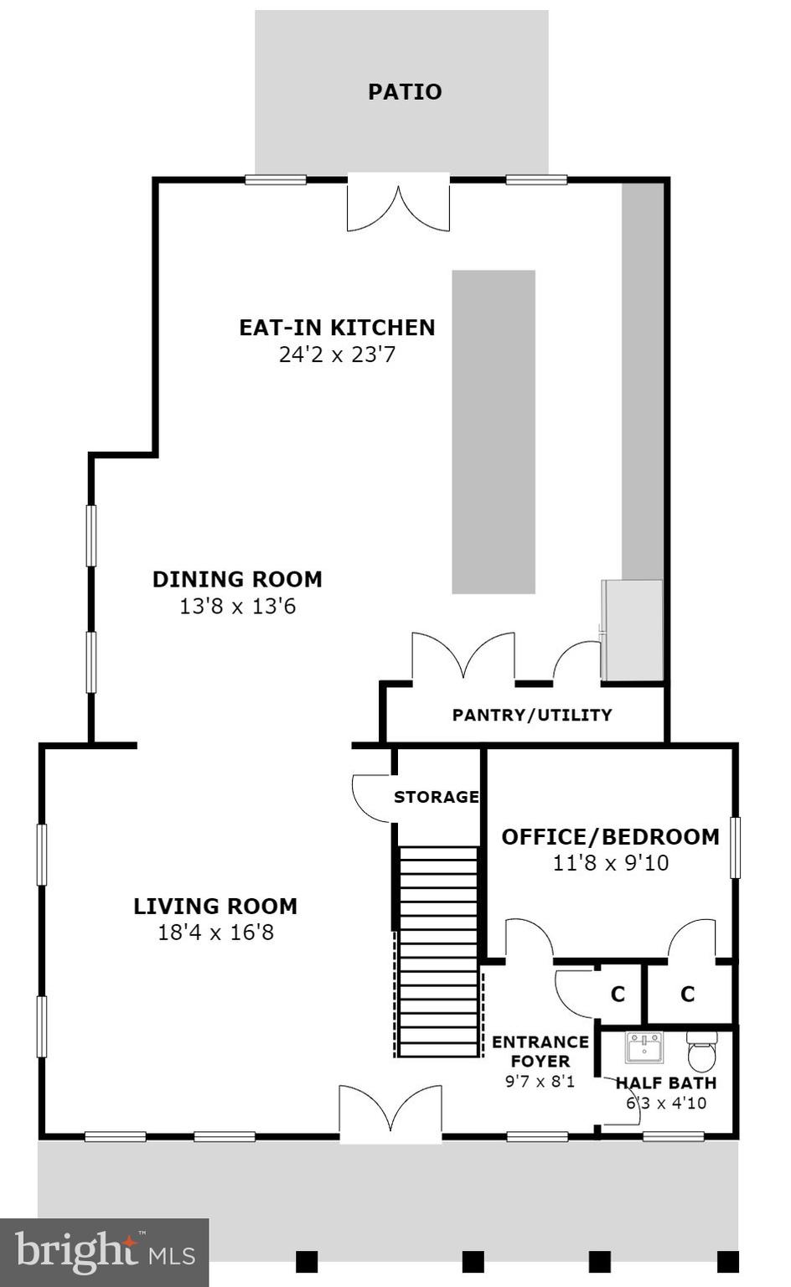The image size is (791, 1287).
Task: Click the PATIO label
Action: [x=405, y=91]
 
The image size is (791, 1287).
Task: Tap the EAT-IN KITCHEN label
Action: [x=337, y=327]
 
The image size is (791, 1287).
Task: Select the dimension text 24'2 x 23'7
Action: [x=337, y=354]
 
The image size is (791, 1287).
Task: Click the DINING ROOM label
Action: [x=237, y=579]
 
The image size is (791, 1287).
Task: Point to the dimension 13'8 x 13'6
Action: [x=237, y=606]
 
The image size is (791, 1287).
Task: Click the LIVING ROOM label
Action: [x=215, y=906]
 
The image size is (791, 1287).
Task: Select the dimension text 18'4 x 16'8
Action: [x=215, y=932]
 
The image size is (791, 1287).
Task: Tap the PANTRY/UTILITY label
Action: [x=532, y=715]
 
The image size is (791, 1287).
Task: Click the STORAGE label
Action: [x=437, y=797]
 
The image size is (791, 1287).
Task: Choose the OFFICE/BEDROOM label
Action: [x=610, y=836]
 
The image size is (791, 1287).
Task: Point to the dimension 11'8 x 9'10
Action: [x=610, y=862]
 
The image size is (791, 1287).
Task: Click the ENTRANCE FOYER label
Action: [x=540, y=1052]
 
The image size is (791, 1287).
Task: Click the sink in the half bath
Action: [x=644, y=1047]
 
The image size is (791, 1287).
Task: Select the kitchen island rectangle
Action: [x=494, y=432]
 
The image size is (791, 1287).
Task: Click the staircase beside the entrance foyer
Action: [x=438, y=951]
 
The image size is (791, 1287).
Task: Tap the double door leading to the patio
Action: [x=399, y=203]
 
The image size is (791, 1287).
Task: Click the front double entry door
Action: [x=390, y=1113]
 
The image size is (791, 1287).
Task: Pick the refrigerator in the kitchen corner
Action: [x=633, y=630]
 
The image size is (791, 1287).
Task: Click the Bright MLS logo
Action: [x=105, y=1253]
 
